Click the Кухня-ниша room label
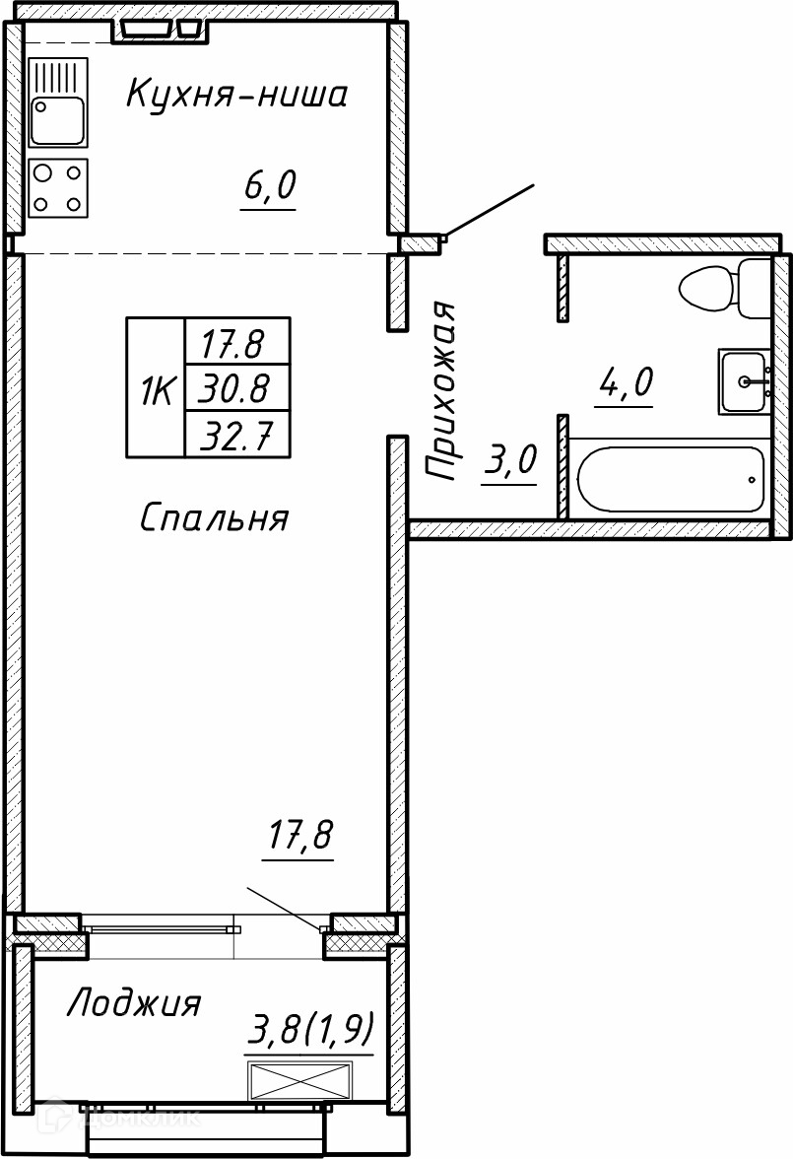[x=236, y=95]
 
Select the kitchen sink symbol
[x=58, y=102]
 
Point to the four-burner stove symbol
[x=58, y=187]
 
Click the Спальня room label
[x=214, y=517]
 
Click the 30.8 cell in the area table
[x=236, y=387]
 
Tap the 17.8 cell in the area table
[x=236, y=341]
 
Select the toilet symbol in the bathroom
[x=725, y=288]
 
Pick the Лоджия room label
[x=134, y=1003]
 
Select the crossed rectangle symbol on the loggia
[x=300, y=1081]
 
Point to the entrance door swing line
[x=488, y=211]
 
